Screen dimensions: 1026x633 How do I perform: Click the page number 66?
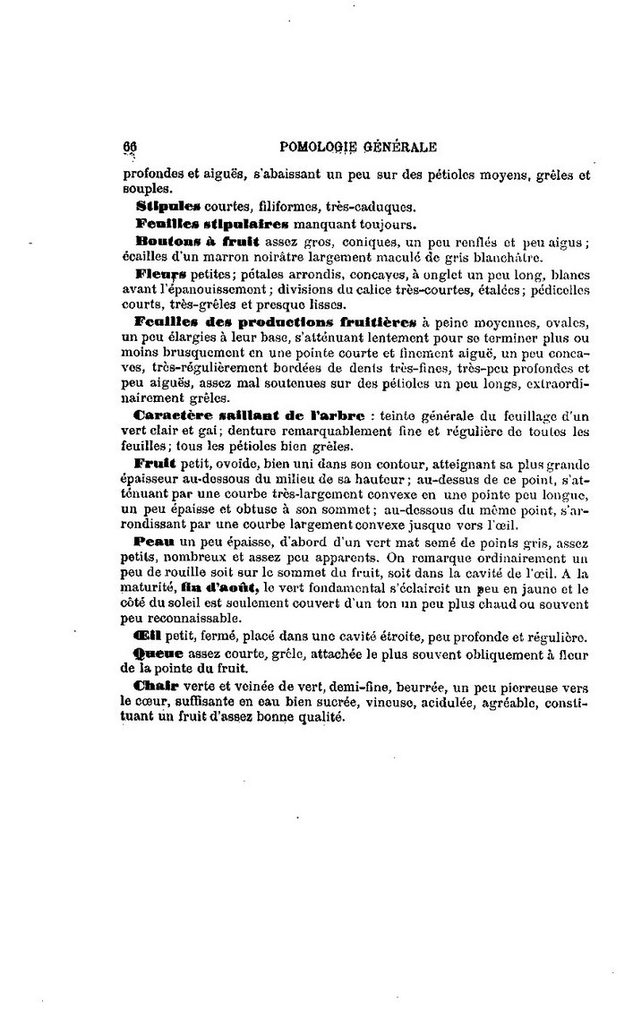pyautogui.click(x=129, y=147)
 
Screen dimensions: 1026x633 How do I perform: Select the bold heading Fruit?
pyautogui.click(x=152, y=463)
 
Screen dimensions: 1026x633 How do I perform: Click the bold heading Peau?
pyautogui.click(x=151, y=542)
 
